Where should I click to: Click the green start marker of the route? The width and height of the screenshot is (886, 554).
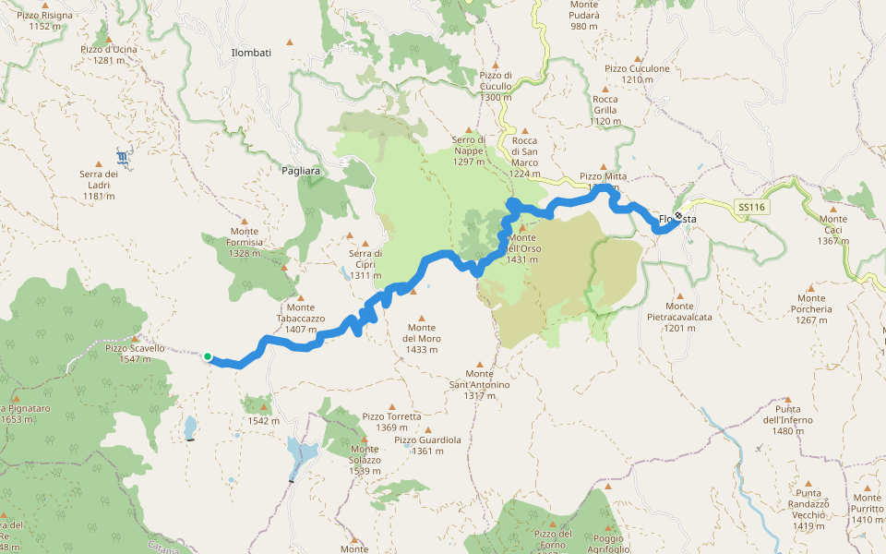(208, 357)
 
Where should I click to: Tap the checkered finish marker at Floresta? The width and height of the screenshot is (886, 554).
(678, 217)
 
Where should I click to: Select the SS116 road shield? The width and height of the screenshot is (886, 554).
(752, 207)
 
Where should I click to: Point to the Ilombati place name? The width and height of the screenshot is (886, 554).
(251, 54)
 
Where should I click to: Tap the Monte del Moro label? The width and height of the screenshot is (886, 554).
(422, 332)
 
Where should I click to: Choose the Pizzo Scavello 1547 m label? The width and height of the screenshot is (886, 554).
(135, 353)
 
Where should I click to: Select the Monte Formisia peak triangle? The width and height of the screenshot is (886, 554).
(245, 221)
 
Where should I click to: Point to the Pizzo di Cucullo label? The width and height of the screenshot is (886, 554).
(496, 86)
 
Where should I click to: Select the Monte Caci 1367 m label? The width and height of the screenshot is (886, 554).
(832, 235)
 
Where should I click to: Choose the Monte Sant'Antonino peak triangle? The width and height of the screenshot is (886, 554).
(478, 364)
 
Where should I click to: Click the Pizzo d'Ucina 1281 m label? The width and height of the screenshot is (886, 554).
(109, 54)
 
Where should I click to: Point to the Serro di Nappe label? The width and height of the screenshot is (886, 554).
(468, 151)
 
